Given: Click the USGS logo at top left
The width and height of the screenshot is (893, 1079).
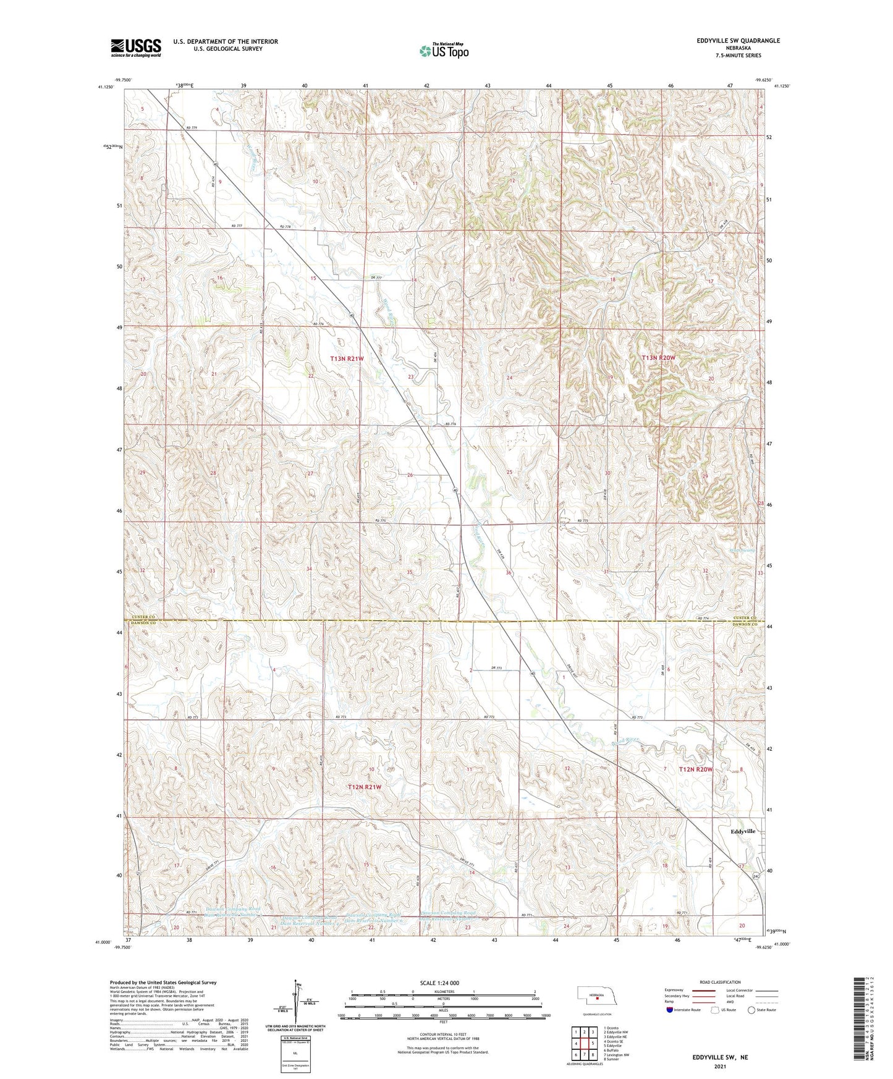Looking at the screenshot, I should tap(136, 47).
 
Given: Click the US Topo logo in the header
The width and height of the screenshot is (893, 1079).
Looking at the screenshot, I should tap(443, 51).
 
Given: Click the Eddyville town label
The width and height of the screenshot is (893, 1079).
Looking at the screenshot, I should tap(743, 831).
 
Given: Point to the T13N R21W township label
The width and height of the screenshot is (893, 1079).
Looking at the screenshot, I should tap(347, 358).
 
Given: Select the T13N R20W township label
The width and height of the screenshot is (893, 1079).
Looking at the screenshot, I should tap(658, 358).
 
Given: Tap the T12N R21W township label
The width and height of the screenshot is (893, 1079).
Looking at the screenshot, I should tap(364, 787).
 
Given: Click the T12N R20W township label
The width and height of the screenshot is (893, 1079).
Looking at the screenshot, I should tap(696, 769).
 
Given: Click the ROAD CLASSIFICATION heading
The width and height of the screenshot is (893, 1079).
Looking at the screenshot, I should tap(719, 982).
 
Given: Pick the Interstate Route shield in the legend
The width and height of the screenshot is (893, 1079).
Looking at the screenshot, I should tap(669, 1010).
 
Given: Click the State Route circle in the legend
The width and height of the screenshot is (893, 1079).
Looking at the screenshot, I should tap(751, 1010).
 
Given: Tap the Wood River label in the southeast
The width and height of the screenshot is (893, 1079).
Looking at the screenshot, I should tap(624, 739).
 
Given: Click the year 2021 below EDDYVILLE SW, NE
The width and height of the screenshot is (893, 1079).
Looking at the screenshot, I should tap(720, 1066).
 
